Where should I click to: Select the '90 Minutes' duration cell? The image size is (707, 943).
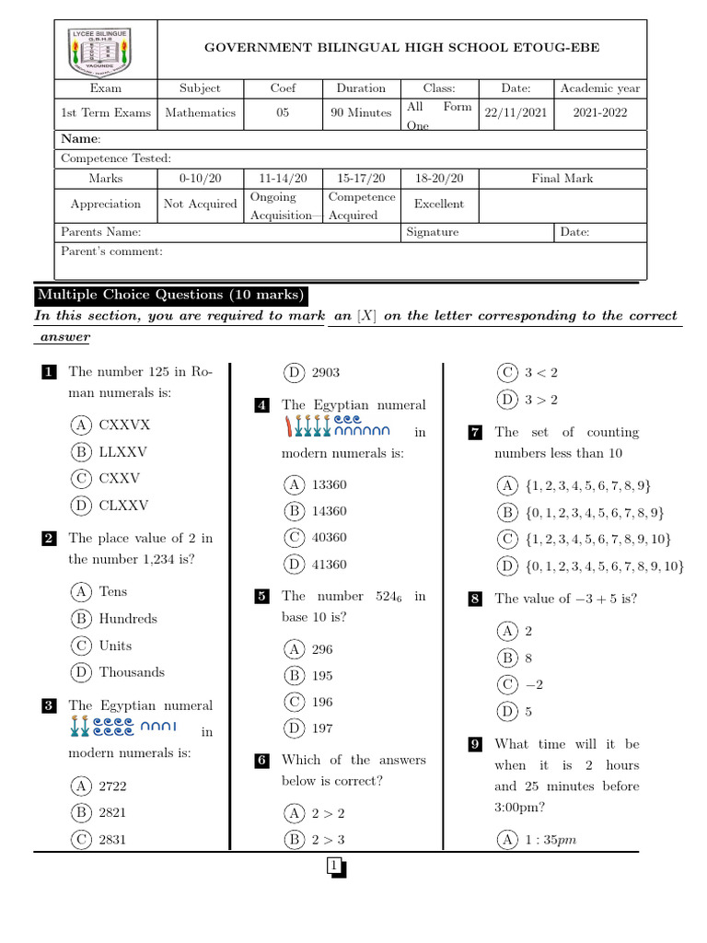[361, 113]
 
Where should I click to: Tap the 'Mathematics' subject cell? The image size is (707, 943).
[200, 113]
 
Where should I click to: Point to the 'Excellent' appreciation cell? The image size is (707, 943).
[439, 204]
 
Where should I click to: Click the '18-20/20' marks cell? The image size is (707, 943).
[439, 179]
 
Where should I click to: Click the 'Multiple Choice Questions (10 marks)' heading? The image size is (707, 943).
[169, 296]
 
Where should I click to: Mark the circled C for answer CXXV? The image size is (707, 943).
[82, 478]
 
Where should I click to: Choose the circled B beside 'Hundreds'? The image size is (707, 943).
[82, 619]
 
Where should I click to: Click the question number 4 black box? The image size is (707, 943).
[262, 405]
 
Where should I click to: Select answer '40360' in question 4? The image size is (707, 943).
[329, 538]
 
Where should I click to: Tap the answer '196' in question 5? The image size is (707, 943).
[322, 702]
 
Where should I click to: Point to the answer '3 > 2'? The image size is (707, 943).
[541, 400]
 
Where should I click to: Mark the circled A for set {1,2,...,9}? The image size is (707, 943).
[507, 485]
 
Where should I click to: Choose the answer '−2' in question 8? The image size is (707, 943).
[534, 684]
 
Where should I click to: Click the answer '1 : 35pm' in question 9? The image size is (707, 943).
[551, 840]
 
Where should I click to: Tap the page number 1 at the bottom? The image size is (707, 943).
[335, 867]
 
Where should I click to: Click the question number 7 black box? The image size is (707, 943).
[475, 432]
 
